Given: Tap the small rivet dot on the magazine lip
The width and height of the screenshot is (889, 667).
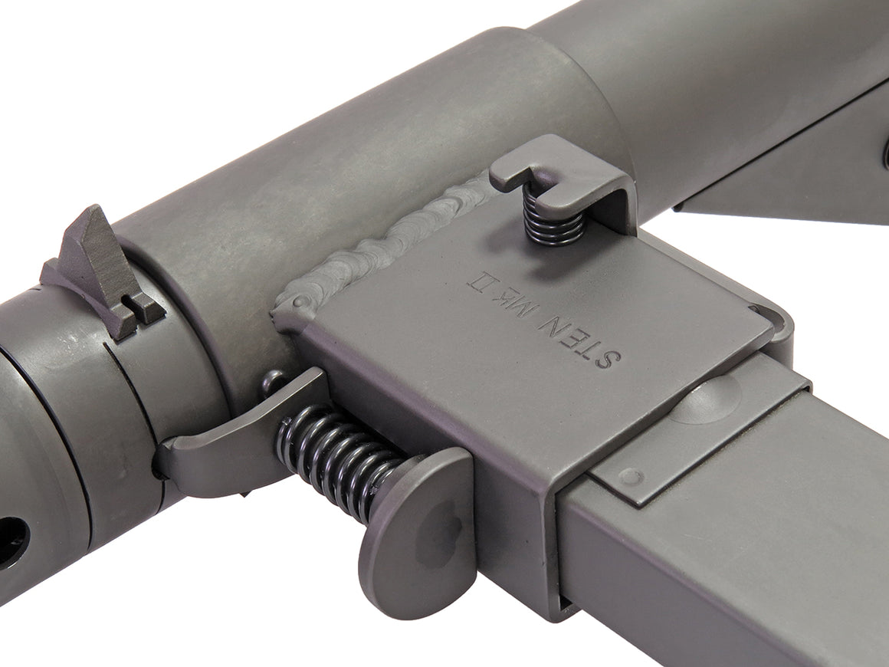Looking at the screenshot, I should pos(631,477).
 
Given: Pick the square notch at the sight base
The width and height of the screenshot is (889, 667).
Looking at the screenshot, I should pos(142,307).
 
